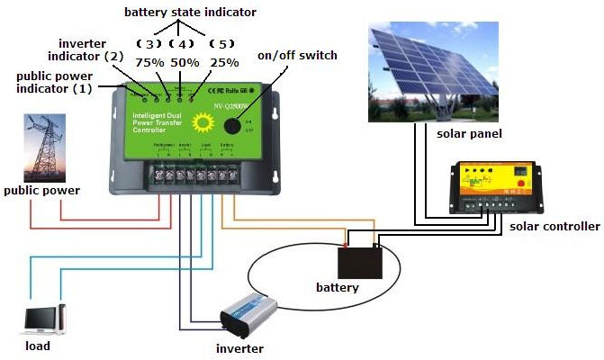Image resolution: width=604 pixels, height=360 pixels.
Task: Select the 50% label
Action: pyautogui.click(x=185, y=62)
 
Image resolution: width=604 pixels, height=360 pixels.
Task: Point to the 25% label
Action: pyautogui.click(x=224, y=62)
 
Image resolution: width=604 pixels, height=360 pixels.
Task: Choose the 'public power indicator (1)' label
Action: pyautogui.click(x=55, y=83)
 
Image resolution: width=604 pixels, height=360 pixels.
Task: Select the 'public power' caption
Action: pyautogui.click(x=41, y=191)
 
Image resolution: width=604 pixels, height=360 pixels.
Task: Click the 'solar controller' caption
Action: pyautogui.click(x=554, y=226)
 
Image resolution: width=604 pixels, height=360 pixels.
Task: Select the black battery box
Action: pyautogui.click(x=361, y=261)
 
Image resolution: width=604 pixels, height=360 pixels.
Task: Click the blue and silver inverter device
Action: pyautogui.click(x=248, y=314)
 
